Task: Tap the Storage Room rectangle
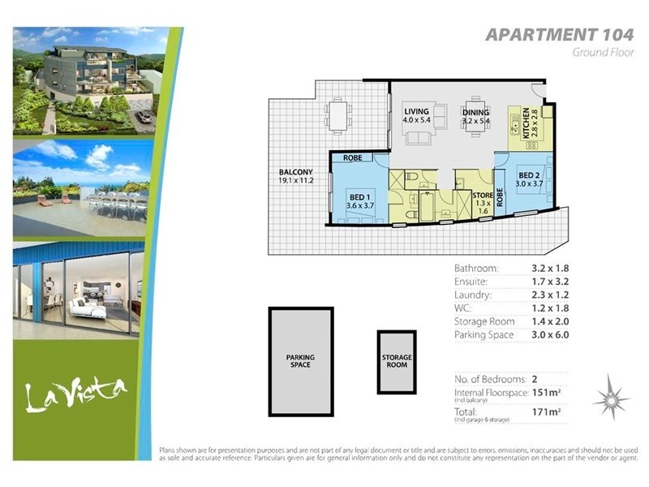coord(397,361)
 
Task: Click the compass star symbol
coord(610,398)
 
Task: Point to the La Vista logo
coord(75,395)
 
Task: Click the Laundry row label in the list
coord(473,295)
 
